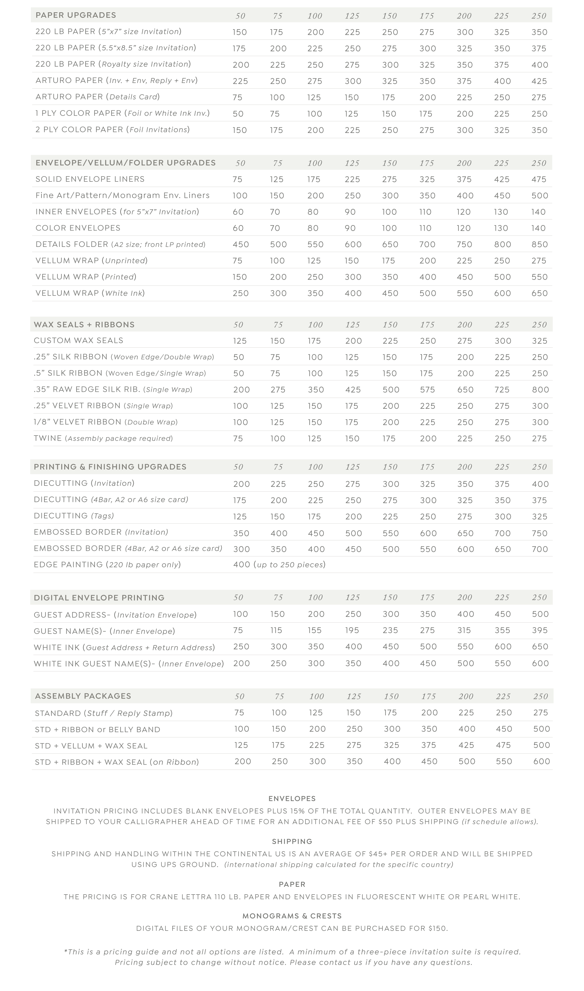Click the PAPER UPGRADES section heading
[x=76, y=15]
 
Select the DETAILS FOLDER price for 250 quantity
[x=539, y=245]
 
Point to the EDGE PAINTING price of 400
[x=241, y=565]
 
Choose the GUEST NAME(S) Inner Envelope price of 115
[x=276, y=630]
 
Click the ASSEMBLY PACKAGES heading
[x=83, y=696]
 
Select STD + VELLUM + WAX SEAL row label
[x=91, y=746]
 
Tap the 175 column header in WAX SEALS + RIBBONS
[x=427, y=325]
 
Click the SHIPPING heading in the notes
[x=292, y=841]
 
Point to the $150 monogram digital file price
[x=438, y=928]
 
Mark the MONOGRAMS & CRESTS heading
[x=292, y=916]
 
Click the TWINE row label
[x=48, y=438]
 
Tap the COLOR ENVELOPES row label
[x=78, y=228]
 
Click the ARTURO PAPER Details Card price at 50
[x=237, y=97]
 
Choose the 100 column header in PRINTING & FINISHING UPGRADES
[x=315, y=467]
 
